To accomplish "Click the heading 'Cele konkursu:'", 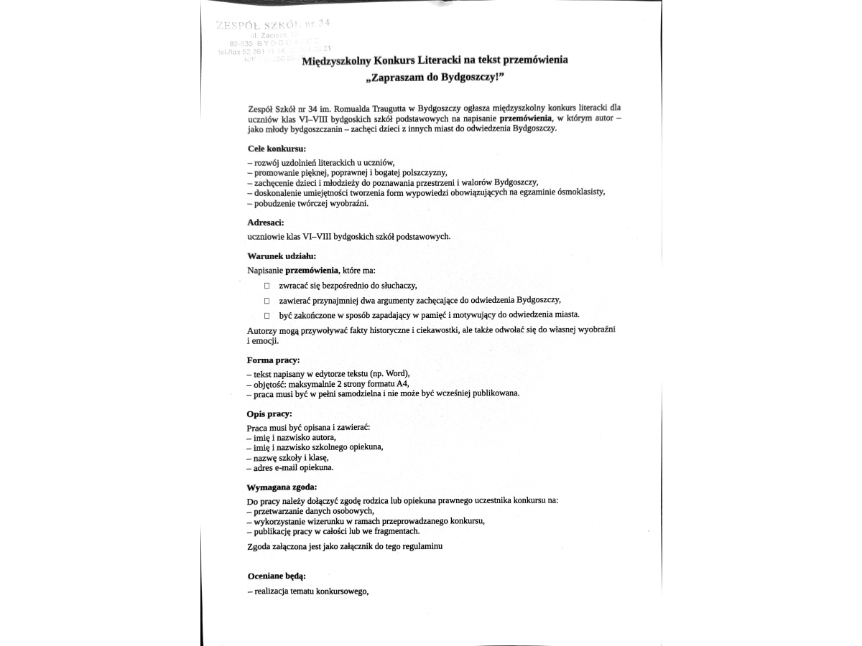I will pos(276,149).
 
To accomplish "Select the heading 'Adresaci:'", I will pos(265,223).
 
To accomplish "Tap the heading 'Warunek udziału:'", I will pos(281,256).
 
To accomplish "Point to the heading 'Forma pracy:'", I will pos(273,360).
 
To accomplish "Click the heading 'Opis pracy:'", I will pos(269,414).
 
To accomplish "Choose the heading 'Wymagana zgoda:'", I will pos(282,487).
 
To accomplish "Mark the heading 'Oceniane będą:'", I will pos(277,576).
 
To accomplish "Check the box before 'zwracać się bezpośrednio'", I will pos(267,286).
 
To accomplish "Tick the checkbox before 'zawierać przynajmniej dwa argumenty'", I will pos(267,301).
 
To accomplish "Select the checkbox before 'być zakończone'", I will pos(267,316).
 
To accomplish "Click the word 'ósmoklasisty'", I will pos(581,192).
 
